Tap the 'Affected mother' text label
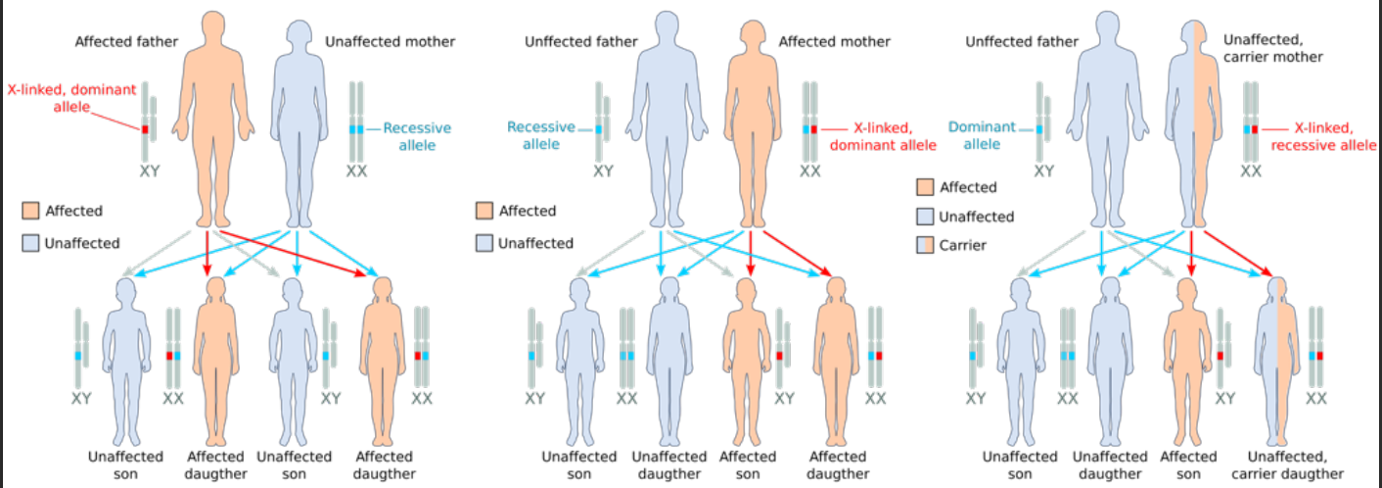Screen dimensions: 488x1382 click(x=835, y=42)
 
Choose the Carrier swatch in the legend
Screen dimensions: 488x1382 click(x=925, y=245)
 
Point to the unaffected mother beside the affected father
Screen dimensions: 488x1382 click(x=295, y=118)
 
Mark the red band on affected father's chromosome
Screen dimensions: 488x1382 click(x=147, y=129)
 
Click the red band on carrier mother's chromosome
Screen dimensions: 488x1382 click(x=1256, y=129)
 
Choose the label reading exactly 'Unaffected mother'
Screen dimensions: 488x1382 click(x=390, y=42)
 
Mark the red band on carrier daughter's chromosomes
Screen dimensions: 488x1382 click(x=1321, y=355)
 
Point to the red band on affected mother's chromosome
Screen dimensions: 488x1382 click(x=814, y=129)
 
